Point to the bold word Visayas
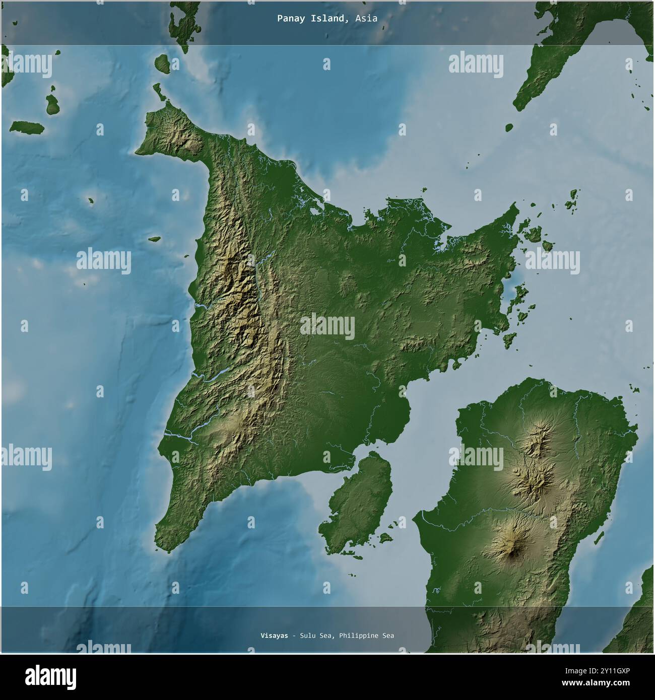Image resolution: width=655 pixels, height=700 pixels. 271,636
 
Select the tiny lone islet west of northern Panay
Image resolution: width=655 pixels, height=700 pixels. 91,201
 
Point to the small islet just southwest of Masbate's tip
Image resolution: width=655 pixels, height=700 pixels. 509,127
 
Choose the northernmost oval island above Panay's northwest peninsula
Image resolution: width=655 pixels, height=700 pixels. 162,63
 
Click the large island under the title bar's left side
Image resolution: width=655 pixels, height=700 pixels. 181,25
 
